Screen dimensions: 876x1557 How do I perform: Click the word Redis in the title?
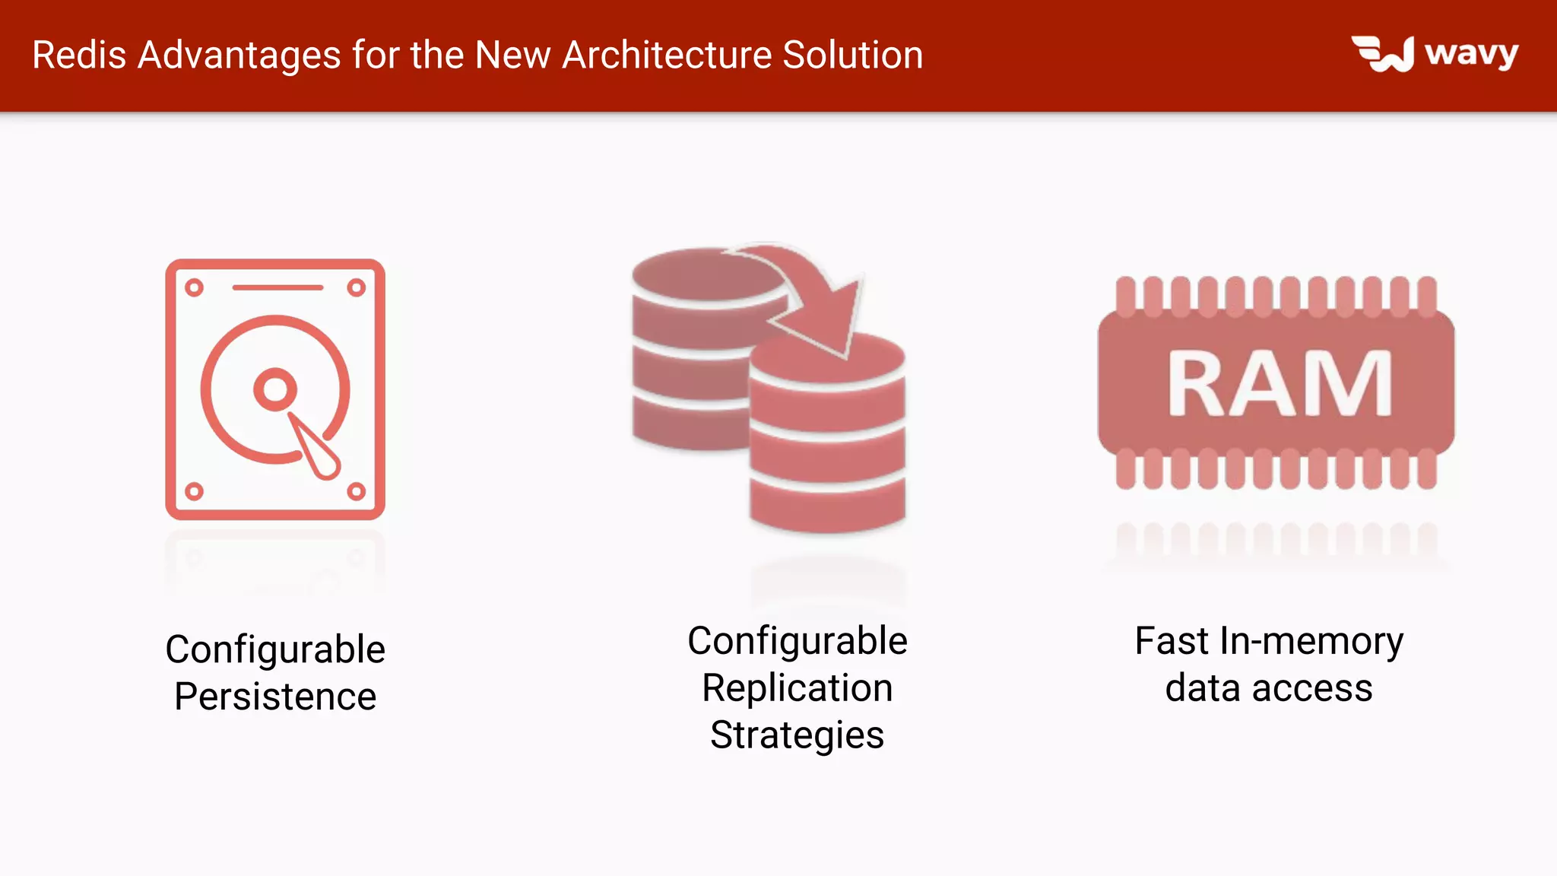click(79, 56)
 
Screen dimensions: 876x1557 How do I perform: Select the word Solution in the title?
click(852, 56)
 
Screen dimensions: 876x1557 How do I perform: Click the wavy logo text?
click(1471, 54)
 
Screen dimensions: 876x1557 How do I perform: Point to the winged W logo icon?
click(1383, 54)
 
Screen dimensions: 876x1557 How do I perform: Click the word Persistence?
click(275, 697)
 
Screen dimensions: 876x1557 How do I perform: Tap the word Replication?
click(797, 688)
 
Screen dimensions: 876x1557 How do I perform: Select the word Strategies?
click(797, 735)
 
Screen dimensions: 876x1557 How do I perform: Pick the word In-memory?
click(1311, 641)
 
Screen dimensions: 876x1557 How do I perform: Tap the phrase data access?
click(1268, 688)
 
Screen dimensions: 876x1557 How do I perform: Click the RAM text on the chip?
click(1280, 384)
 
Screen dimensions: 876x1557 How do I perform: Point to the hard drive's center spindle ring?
click(274, 389)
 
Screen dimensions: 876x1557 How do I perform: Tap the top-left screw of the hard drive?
click(194, 287)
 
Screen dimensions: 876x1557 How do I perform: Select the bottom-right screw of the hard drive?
click(356, 491)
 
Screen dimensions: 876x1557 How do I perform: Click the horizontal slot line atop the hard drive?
click(277, 287)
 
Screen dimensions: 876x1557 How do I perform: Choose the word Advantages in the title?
click(239, 56)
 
